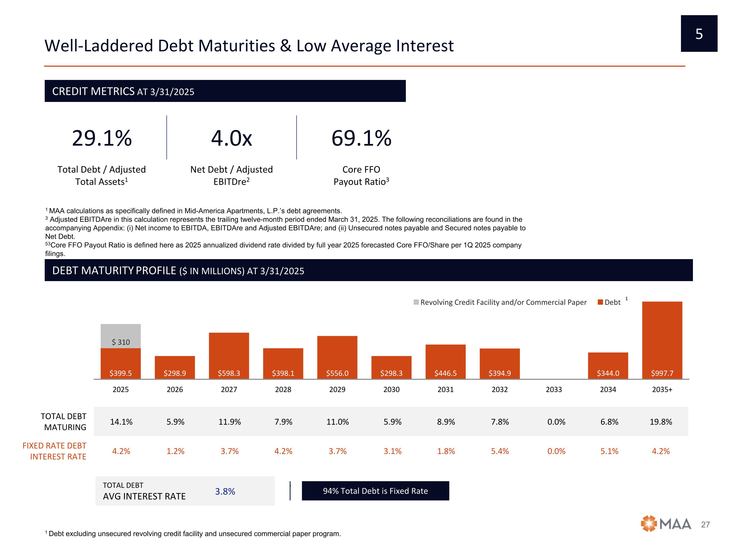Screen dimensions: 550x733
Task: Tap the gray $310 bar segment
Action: pos(121,336)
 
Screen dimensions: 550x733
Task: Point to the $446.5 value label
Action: pos(445,373)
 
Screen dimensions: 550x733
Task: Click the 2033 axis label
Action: pos(554,390)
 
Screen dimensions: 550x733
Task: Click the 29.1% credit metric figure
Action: pos(102,138)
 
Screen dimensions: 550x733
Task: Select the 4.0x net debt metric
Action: pos(232,138)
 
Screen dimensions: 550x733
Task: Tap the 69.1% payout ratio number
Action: pos(361,138)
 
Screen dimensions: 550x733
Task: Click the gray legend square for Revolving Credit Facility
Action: pos(416,302)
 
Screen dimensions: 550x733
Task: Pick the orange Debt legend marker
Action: pos(600,302)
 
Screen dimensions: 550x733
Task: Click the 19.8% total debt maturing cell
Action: pos(661,422)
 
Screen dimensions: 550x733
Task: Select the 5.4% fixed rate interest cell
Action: pos(500,451)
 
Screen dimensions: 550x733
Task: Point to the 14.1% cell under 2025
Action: pos(121,422)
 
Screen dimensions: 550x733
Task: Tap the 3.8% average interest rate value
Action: pos(225,491)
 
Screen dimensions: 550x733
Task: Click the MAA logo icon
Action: pos(648,524)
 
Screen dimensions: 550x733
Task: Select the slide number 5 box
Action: pos(699,33)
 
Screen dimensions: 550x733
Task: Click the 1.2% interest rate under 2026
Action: pos(175,451)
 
